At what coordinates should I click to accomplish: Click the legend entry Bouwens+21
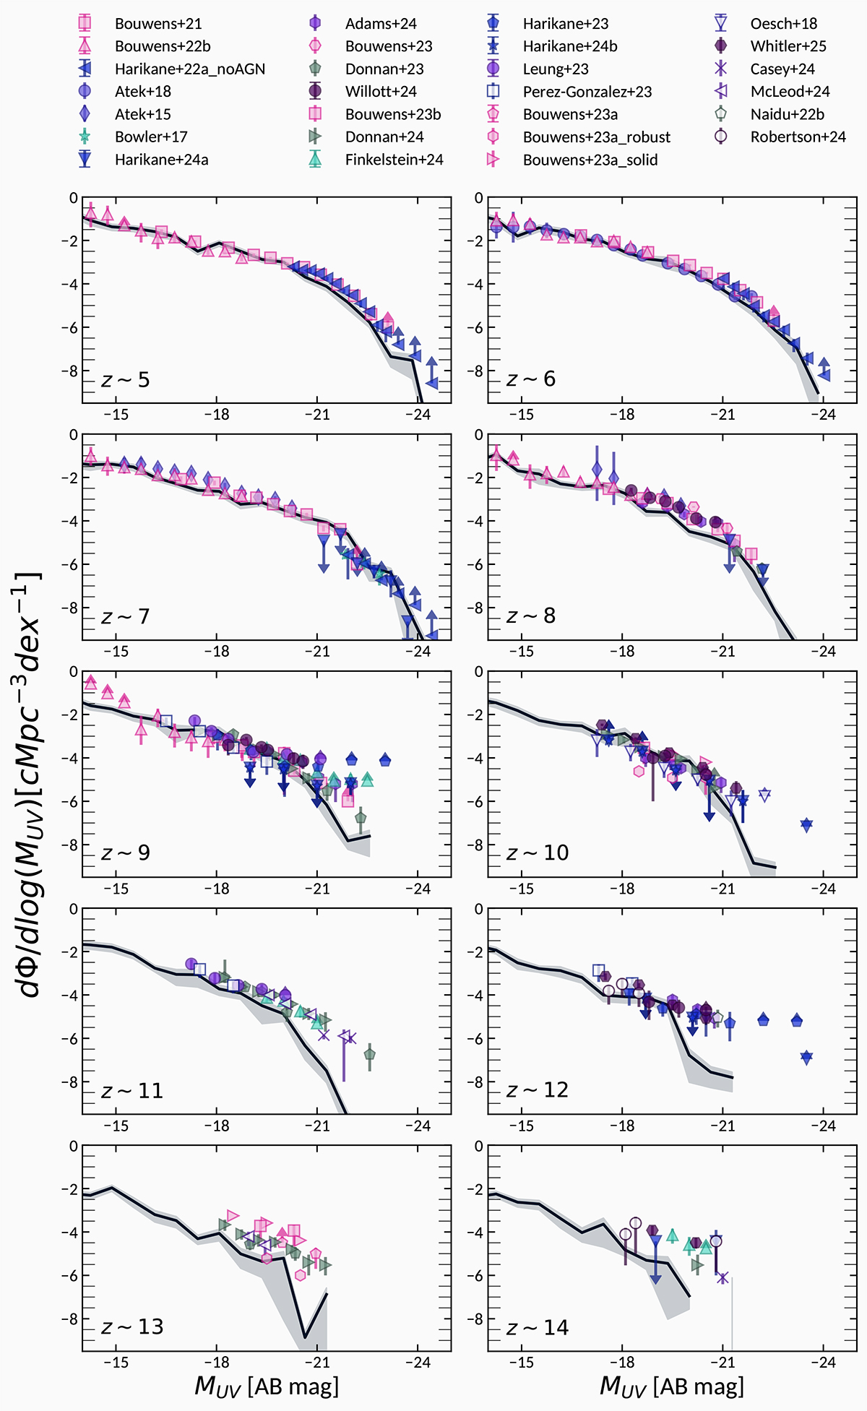coord(158,24)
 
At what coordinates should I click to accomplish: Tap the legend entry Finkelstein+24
coord(394,160)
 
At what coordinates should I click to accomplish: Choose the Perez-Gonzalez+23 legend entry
coord(587,92)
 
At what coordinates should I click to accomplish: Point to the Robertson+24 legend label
coord(798,137)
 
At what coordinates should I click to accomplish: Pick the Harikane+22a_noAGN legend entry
coord(189,69)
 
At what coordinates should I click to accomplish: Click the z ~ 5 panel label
coord(126,380)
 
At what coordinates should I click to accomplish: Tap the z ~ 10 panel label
coord(538,853)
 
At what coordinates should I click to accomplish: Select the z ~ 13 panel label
coord(132,1327)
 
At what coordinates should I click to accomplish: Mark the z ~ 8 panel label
coord(531,616)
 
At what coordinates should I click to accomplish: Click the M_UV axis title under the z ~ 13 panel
coord(267,1386)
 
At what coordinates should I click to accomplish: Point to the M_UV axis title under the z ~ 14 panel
coord(672,1386)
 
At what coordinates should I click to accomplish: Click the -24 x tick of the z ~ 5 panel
coord(417,415)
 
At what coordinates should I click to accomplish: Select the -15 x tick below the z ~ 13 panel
coord(116,1363)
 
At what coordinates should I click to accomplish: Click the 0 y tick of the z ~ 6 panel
coord(478,198)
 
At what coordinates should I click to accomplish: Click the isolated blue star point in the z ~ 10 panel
coord(806,824)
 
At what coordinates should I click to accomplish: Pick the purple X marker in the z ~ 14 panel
coord(722,1277)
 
